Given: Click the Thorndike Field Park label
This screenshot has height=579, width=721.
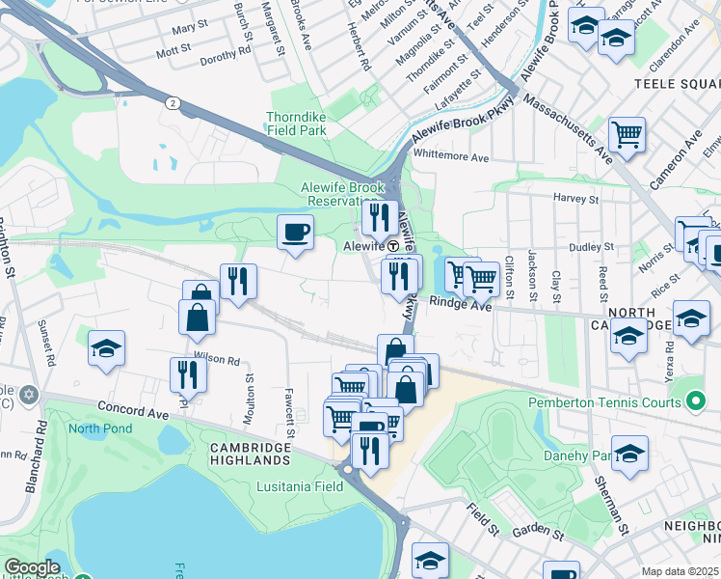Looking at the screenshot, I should point(297,124).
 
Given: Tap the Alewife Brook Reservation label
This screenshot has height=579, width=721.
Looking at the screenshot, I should point(332,194).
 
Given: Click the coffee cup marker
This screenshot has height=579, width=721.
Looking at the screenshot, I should point(295,233).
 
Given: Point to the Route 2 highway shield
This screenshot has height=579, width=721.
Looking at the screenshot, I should point(170,102).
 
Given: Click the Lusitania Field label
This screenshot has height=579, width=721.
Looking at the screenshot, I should point(300,487).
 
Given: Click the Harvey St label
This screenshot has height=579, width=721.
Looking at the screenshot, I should point(576,199).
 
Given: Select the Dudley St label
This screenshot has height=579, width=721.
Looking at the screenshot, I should point(584,247).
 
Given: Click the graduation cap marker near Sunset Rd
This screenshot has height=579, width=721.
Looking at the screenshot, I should point(106,349).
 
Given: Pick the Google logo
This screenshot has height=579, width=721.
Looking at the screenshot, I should point(32,568).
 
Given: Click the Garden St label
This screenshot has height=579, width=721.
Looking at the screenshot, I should point(538,532).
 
